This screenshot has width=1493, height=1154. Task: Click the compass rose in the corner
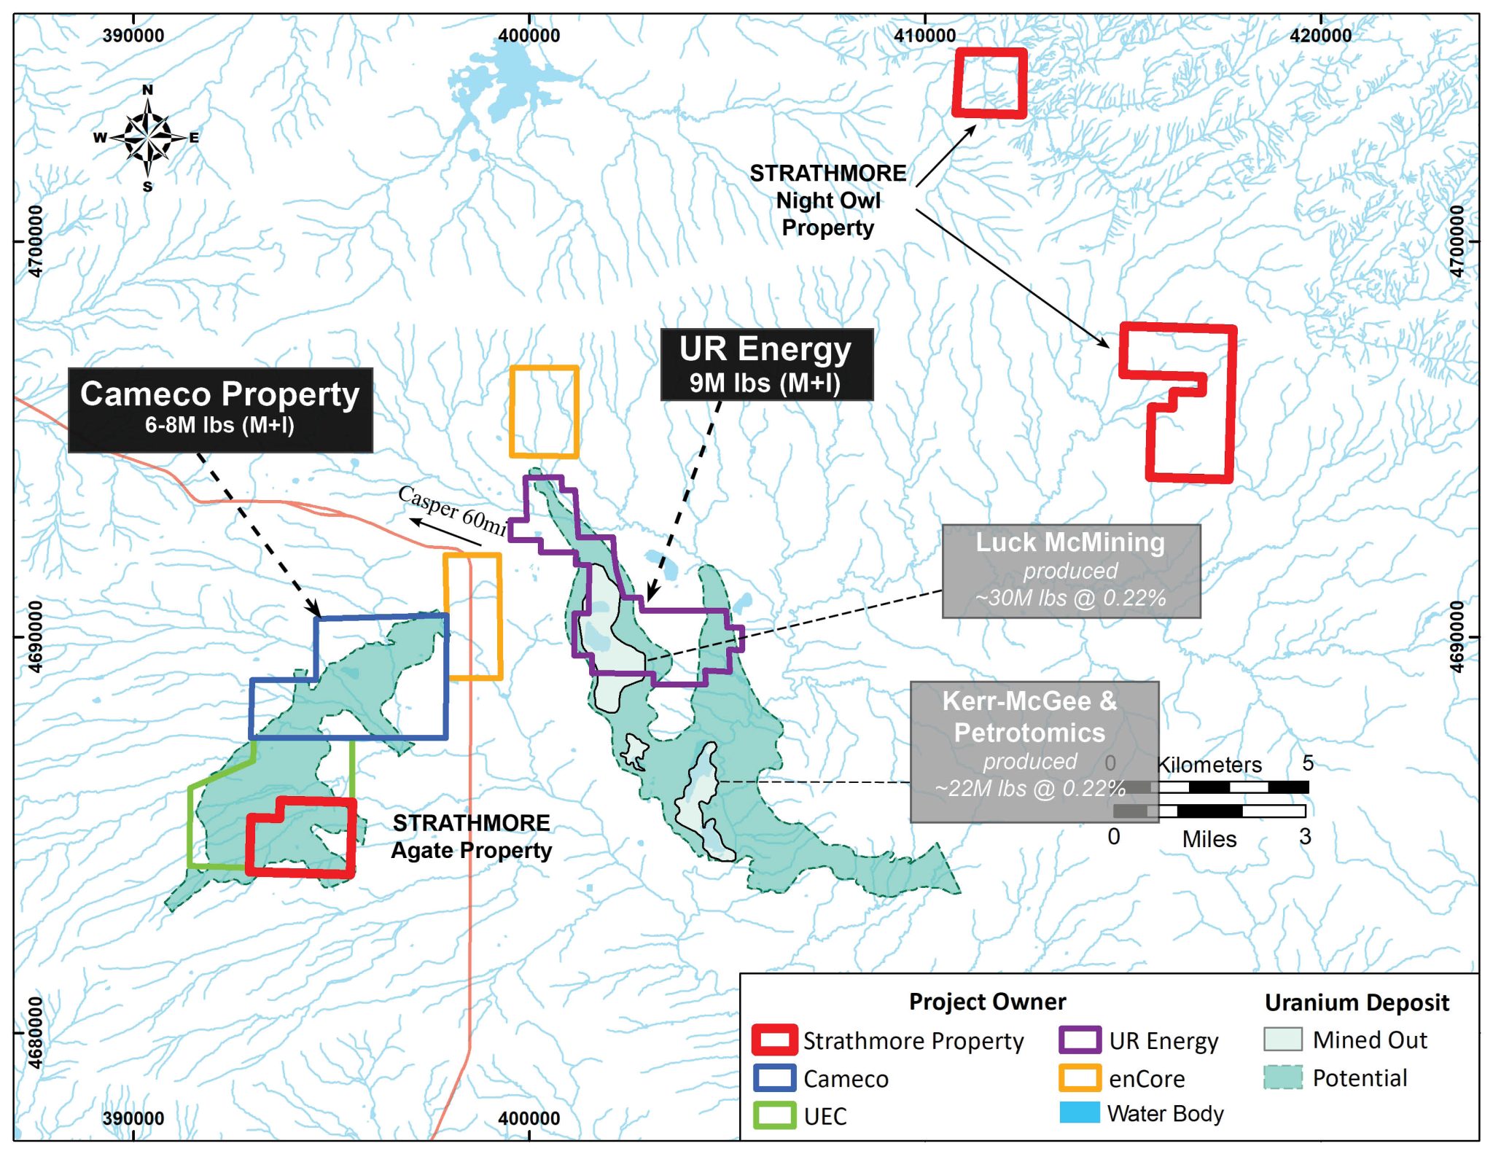click(148, 137)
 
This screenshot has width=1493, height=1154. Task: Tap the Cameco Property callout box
click(220, 409)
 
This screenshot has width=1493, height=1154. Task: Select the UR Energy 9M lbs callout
click(766, 364)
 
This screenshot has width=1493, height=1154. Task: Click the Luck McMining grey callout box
click(1070, 571)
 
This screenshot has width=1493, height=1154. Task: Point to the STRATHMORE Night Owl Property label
click(828, 200)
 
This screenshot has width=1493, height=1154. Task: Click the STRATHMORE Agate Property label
click(472, 837)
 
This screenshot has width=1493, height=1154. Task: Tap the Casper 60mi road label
click(452, 509)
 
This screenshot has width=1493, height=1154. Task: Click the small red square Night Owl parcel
click(989, 83)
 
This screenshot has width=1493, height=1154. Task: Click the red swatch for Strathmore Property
click(774, 1040)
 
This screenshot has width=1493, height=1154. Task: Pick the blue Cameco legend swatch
click(774, 1078)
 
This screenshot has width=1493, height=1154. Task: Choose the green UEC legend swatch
click(774, 1115)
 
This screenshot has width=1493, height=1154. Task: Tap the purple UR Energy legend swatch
click(1080, 1040)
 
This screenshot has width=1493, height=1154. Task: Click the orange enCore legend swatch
click(1080, 1078)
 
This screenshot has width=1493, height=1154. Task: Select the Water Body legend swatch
click(1080, 1113)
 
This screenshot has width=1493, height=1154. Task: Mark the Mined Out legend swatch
click(1282, 1040)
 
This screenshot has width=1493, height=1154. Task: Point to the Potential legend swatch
click(1282, 1077)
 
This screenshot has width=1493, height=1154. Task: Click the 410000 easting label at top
click(924, 35)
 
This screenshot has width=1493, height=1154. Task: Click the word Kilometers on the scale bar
click(1209, 765)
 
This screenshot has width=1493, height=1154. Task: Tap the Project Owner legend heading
click(987, 1002)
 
